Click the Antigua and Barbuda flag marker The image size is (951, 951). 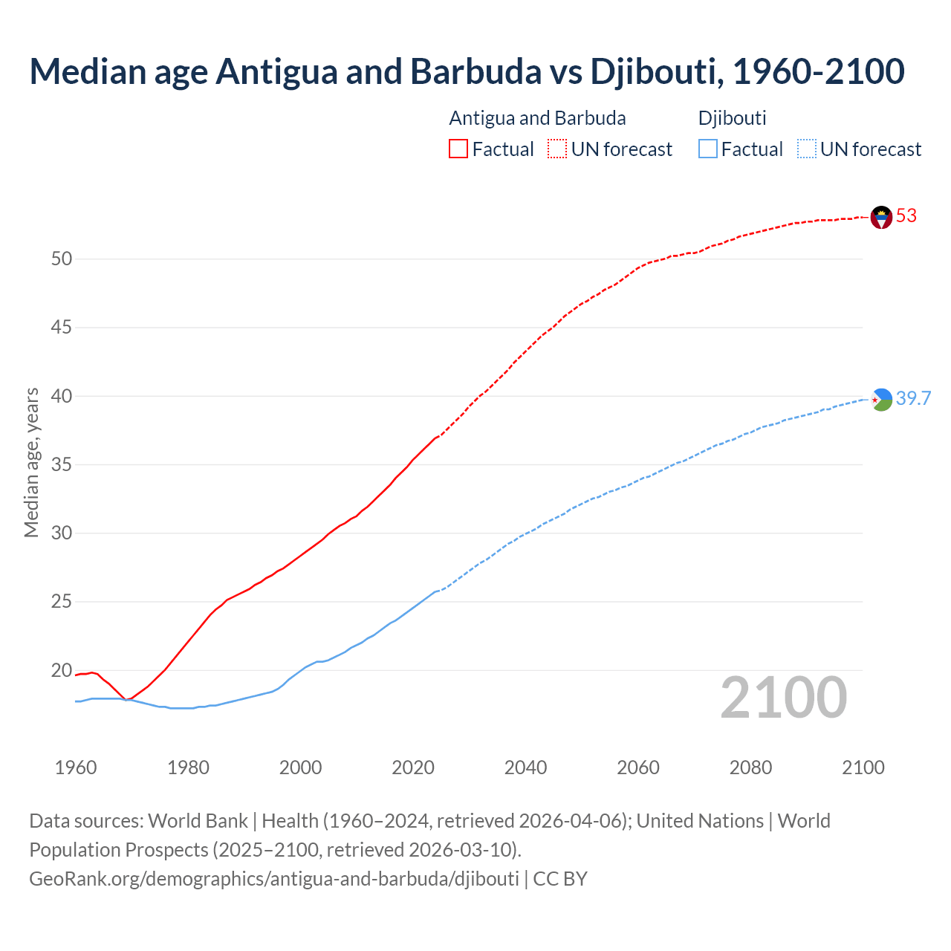881,217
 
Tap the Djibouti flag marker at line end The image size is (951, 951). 881,400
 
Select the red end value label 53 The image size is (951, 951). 906,216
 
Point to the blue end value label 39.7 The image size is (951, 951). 913,399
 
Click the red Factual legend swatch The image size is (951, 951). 458,149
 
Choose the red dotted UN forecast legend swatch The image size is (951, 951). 557,149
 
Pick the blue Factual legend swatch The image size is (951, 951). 708,149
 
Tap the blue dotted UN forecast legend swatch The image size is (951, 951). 806,149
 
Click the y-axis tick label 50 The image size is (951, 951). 62,259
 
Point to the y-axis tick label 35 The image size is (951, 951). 62,465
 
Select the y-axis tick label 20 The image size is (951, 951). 62,671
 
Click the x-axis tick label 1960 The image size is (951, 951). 76,767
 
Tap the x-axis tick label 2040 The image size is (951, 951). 525,767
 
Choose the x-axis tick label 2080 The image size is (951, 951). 750,767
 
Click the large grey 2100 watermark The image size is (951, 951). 783,698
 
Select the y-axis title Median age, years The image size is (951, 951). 31,462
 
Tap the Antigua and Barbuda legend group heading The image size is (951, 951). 537,118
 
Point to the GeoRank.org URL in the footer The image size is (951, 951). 274,879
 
